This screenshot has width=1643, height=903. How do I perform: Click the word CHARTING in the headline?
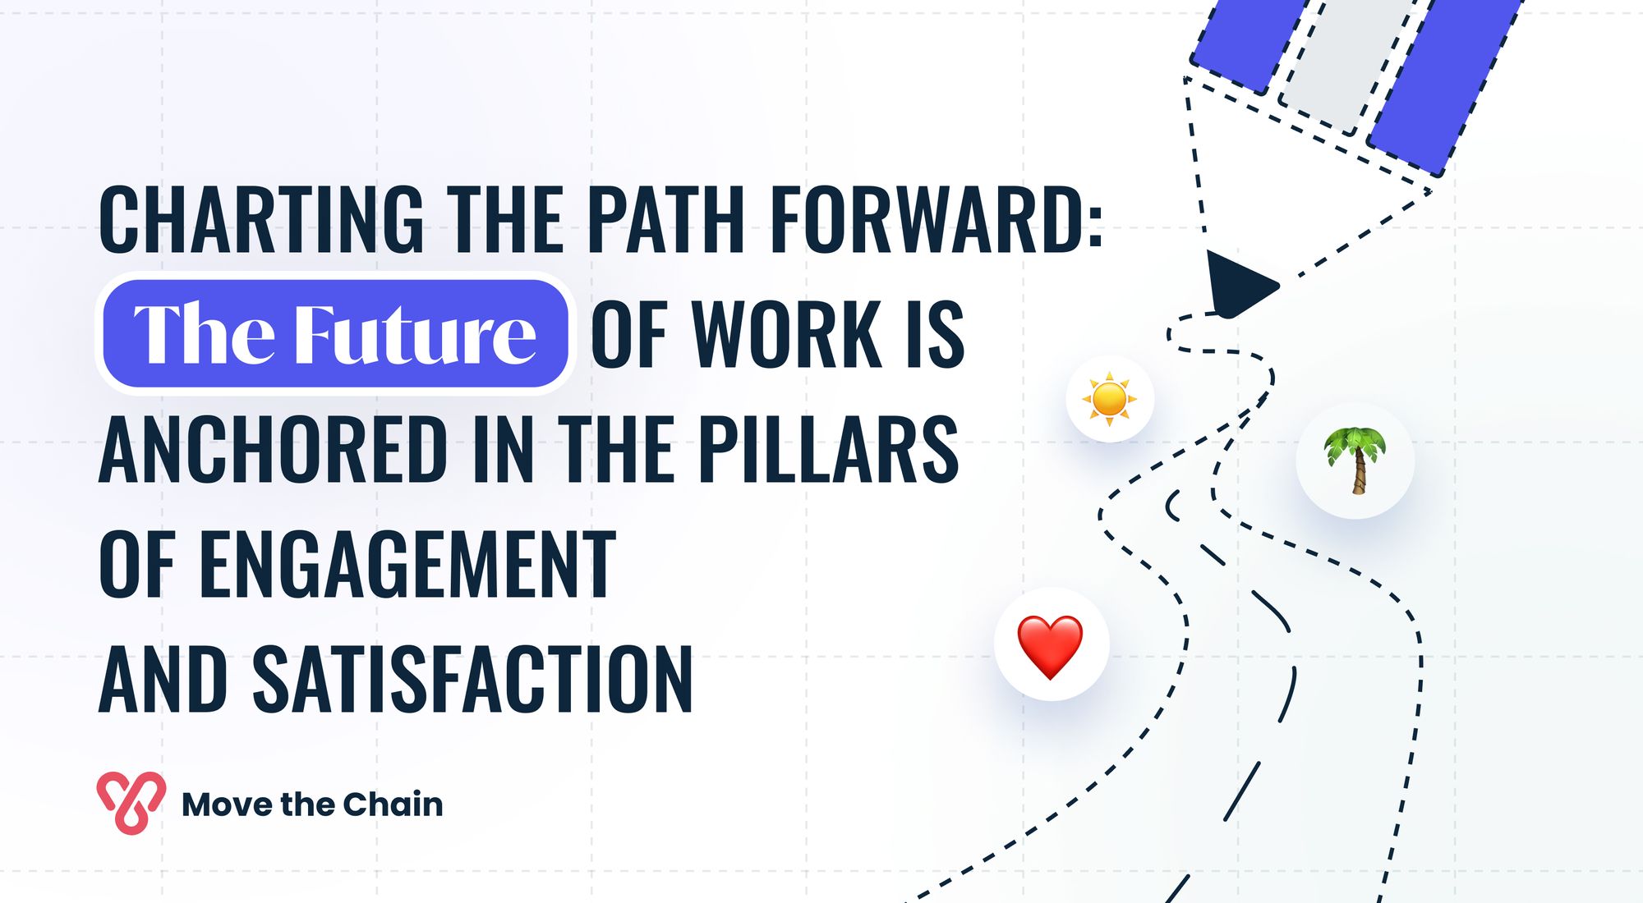tap(262, 219)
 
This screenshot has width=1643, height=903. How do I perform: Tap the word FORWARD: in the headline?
tap(937, 219)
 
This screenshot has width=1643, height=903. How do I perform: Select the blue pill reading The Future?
tap(334, 333)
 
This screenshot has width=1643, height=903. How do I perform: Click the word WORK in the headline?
tap(788, 334)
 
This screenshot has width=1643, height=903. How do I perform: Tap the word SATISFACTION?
tap(473, 679)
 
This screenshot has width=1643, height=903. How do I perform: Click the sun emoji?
tap(1110, 399)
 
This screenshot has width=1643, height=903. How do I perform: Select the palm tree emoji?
tap(1355, 461)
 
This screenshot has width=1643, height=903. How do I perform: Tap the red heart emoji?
tap(1051, 646)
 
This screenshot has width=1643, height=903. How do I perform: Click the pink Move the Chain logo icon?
tap(131, 803)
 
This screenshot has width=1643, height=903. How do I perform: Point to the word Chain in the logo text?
tap(393, 804)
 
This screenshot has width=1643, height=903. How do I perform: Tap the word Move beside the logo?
tap(228, 804)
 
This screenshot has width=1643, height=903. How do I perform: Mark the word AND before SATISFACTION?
tap(163, 679)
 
